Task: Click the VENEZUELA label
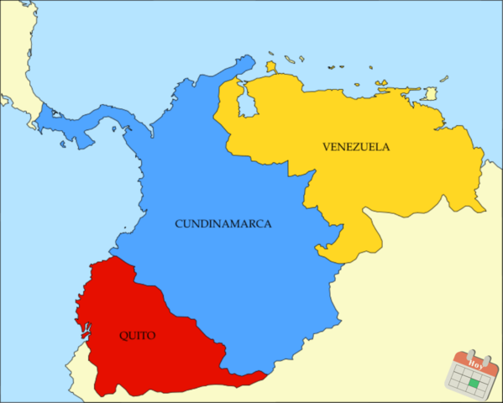tap(355, 146)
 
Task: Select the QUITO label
tap(137, 335)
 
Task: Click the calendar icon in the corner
tap(475, 373)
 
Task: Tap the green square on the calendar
tap(475, 383)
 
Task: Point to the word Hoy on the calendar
tap(476, 364)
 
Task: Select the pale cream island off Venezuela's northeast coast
tap(430, 93)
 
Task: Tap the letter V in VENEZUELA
tap(326, 146)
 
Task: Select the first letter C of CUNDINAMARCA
tap(179, 224)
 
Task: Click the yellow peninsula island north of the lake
tap(271, 65)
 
